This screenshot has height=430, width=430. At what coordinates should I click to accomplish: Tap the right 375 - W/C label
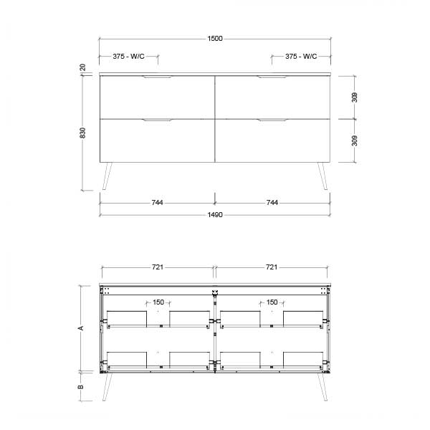tap(301, 56)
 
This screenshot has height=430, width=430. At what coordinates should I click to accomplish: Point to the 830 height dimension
tap(83, 133)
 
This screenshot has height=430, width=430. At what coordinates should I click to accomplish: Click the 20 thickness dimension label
tap(83, 67)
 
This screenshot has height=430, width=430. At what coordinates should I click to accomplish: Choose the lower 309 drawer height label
tap(355, 140)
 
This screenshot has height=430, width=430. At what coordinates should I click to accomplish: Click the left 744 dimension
tap(158, 203)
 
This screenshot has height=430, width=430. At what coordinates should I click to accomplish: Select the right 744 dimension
tap(272, 203)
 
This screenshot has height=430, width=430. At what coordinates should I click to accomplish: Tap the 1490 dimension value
tap(215, 215)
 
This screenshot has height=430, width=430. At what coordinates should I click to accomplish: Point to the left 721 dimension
tap(158, 267)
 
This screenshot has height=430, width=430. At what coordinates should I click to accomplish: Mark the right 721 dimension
tap(272, 267)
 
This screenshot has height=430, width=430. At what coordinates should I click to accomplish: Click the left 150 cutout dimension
tap(158, 302)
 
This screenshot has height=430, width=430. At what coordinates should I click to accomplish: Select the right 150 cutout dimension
tap(272, 302)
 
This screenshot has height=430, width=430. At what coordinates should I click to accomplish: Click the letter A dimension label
tap(81, 328)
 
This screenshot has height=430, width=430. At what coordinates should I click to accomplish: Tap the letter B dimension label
tap(81, 386)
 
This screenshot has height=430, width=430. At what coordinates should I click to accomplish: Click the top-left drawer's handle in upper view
tap(158, 77)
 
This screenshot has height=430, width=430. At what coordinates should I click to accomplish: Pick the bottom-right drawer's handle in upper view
tap(272, 120)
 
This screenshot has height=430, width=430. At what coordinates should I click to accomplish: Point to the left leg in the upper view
tap(107, 176)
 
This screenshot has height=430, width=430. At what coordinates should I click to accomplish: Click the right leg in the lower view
tap(322, 386)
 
